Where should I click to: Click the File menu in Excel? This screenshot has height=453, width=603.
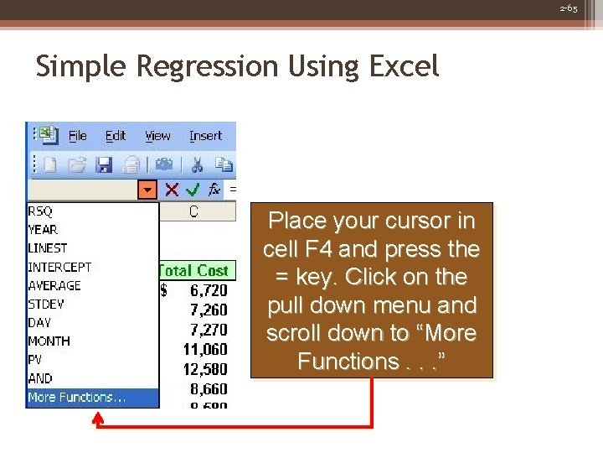coord(77,136)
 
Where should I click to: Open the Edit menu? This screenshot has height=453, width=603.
coord(115,136)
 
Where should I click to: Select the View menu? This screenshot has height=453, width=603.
coord(157,136)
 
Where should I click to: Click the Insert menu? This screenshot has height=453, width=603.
coord(205,136)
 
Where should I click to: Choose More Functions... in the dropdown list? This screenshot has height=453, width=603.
coord(76,398)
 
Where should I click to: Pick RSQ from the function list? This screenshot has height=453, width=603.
coord(40,211)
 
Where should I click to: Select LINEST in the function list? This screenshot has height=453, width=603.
coord(48,248)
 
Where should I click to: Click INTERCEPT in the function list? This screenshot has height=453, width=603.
coord(59,267)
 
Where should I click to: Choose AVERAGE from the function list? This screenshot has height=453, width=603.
coord(54,286)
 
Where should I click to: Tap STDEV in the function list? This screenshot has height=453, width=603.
coord(45,305)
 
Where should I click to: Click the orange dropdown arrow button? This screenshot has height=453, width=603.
coord(147,190)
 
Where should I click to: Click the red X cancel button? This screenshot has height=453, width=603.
coord(172,190)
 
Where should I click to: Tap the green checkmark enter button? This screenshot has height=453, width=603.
coord(193,190)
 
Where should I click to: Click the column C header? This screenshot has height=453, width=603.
coord(193,212)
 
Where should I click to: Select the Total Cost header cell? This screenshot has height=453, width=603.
coord(193,271)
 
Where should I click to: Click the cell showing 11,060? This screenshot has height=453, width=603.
coord(204,349)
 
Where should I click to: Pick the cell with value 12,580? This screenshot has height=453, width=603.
coord(204,369)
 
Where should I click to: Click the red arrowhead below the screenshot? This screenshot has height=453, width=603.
coord(99,425)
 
